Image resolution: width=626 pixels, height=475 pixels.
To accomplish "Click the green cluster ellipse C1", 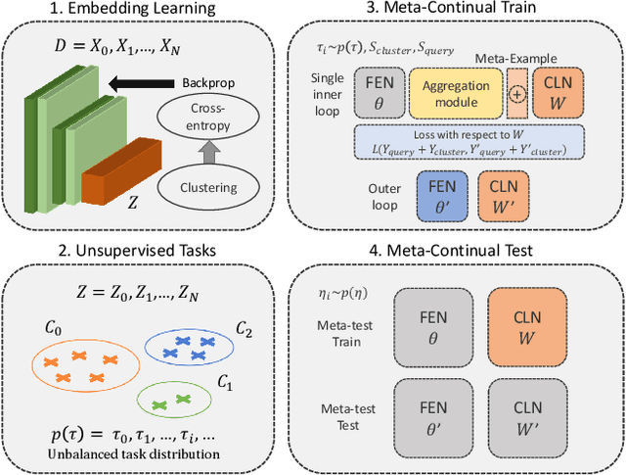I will pos(175,402).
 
